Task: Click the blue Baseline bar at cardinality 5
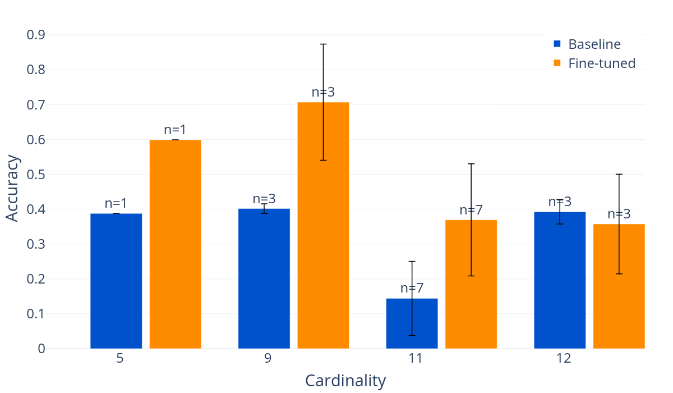point(116,281)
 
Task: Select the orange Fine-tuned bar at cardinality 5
point(175,244)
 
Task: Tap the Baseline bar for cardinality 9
point(264,278)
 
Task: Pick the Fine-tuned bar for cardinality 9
point(323,225)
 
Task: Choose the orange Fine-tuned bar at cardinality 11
point(471,284)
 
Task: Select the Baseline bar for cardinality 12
point(560,280)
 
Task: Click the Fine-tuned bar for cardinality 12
point(619,286)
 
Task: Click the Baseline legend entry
point(594,44)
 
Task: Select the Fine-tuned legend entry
point(601,63)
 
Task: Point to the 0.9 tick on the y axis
point(36,35)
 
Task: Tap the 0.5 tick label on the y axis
point(36,175)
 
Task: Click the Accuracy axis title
point(12,188)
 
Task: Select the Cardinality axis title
point(345,381)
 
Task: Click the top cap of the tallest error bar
point(323,44)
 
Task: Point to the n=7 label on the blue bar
point(412,288)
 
